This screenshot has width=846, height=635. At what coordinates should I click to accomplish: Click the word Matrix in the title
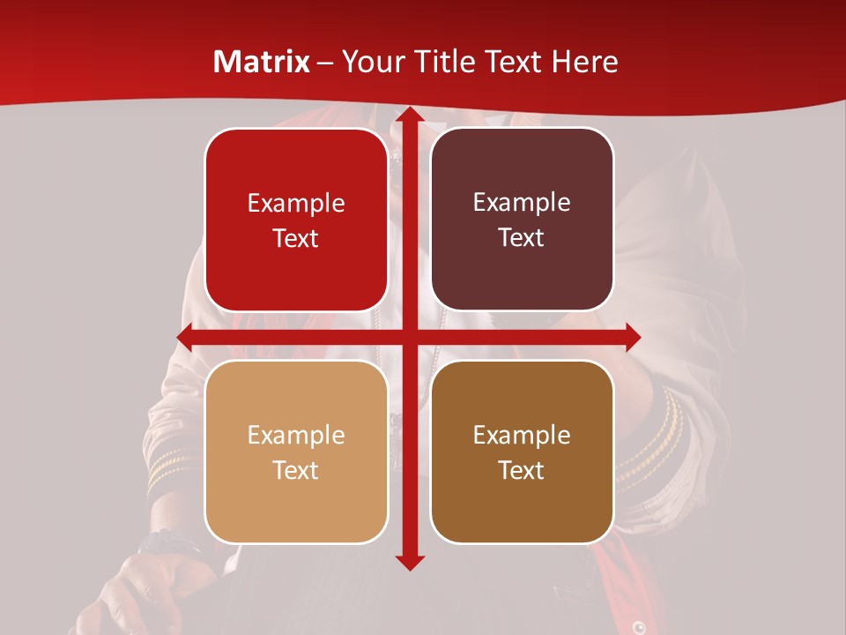[262, 62]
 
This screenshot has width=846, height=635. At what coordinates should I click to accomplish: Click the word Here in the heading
[584, 62]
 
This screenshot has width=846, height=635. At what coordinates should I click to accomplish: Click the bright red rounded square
[296, 220]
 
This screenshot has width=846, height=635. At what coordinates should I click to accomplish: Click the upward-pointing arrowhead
[408, 115]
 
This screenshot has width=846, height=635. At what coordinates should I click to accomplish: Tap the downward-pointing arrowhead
[408, 562]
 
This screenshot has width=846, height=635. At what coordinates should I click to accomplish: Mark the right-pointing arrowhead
[632, 337]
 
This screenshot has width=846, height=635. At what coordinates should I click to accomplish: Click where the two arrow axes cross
[408, 337]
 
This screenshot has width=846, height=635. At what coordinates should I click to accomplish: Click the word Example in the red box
[296, 204]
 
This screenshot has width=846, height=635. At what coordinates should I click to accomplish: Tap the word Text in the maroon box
[522, 238]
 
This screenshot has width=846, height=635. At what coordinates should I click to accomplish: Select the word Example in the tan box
[296, 436]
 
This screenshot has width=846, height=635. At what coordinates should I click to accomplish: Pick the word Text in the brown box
[522, 471]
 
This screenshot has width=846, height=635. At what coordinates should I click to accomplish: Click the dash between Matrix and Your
[325, 63]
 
